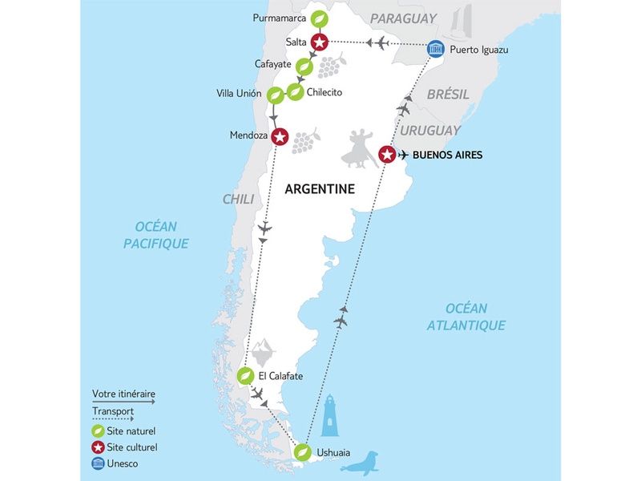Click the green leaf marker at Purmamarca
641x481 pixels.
(320, 18)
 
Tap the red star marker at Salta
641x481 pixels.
(320, 42)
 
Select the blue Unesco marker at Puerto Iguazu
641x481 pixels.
(434, 49)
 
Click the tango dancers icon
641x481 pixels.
(360, 148)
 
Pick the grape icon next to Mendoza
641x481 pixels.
(304, 141)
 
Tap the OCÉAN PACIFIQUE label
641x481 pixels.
(156, 235)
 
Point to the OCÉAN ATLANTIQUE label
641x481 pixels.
(466, 317)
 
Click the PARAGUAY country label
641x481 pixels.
(403, 18)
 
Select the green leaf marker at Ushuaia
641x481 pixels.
(302, 453)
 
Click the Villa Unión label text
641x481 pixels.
(240, 93)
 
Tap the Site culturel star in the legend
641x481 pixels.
(98, 447)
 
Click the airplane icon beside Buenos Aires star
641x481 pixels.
(404, 155)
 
